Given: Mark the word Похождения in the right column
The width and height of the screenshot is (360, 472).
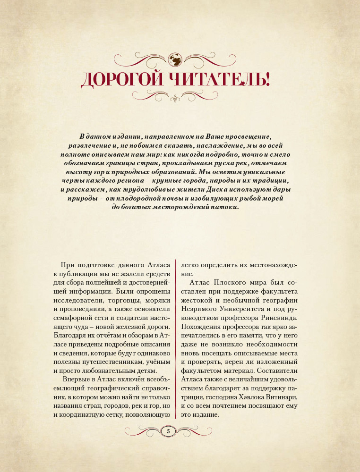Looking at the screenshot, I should [201, 327].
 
